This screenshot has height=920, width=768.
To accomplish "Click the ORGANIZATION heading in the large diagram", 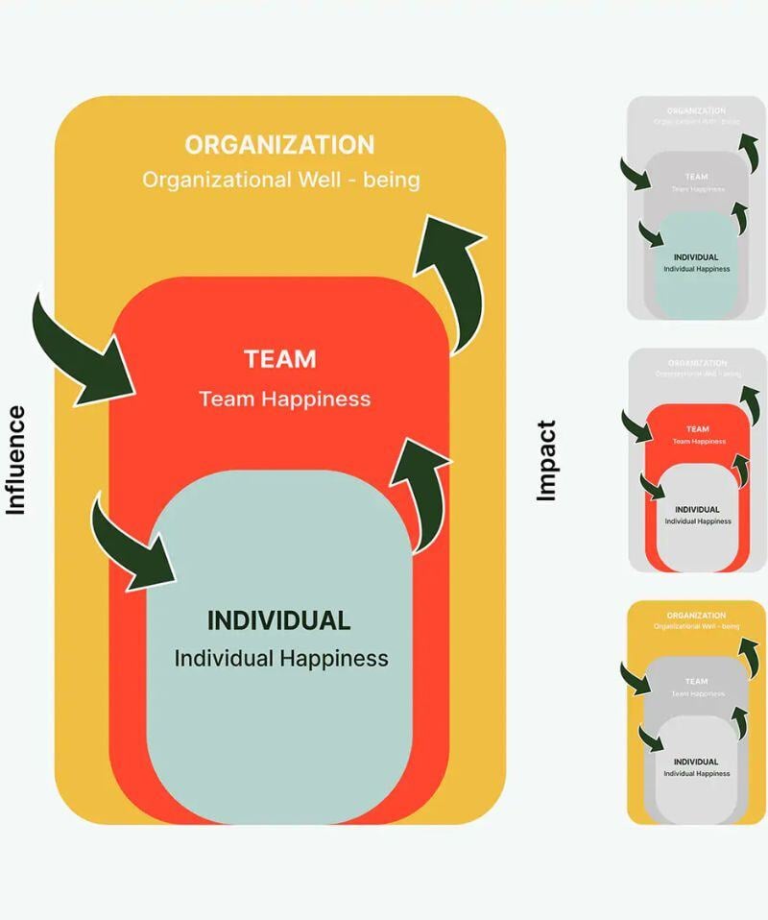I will pyautogui.click(x=279, y=145).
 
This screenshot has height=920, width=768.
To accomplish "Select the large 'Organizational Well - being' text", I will pyautogui.click(x=280, y=180).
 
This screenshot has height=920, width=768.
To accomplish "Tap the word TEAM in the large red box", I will pyautogui.click(x=279, y=359).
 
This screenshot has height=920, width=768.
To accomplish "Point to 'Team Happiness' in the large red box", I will pyautogui.click(x=284, y=399).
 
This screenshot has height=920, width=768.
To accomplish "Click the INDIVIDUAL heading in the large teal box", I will pyautogui.click(x=278, y=620).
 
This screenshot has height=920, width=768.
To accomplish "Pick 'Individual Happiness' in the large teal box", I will pyautogui.click(x=281, y=659).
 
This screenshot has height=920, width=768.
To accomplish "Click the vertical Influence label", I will pyautogui.click(x=15, y=460).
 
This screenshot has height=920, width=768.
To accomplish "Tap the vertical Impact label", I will pyautogui.click(x=546, y=460).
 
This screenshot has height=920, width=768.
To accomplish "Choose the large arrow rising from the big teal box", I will pyautogui.click(x=418, y=490).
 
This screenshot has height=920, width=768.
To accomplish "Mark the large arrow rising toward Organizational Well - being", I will pyautogui.click(x=446, y=278).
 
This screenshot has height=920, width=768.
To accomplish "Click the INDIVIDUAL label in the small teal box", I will pyautogui.click(x=696, y=257).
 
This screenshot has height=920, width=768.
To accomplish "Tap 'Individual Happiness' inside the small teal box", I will pyautogui.click(x=696, y=269).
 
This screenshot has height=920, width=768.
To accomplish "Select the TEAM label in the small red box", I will pyautogui.click(x=697, y=429).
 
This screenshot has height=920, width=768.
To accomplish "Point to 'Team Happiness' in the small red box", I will pyautogui.click(x=697, y=442).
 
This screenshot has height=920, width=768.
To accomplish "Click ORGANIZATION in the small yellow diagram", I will pyautogui.click(x=696, y=616).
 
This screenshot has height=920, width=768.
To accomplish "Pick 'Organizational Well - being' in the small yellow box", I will pyautogui.click(x=696, y=627).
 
